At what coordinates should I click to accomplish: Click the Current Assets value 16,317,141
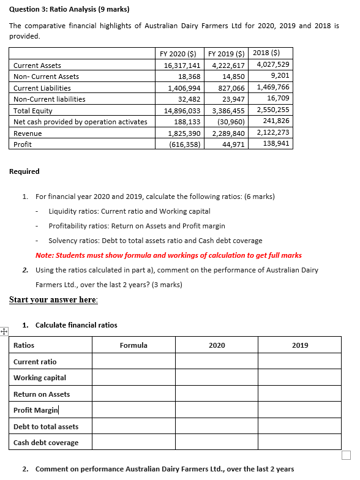pyautogui.click(x=182, y=65)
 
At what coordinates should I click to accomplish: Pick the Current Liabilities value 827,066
pyautogui.click(x=228, y=88)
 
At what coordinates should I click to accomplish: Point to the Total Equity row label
pyautogui.click(x=33, y=110)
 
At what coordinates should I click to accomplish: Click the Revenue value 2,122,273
pyautogui.click(x=274, y=133)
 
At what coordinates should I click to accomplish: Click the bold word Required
pyautogui.click(x=24, y=171)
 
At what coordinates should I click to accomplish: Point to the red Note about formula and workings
pyautogui.click(x=168, y=255)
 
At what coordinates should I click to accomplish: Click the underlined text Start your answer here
pyautogui.click(x=53, y=299)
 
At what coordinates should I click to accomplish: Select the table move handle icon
pyautogui.click(x=4, y=332)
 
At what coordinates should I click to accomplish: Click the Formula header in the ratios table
pyautogui.click(x=133, y=345)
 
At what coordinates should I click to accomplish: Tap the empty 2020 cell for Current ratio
pyautogui.click(x=216, y=362)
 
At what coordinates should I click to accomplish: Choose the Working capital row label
pyautogui.click(x=40, y=378)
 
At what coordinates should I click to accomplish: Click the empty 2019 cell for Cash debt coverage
pyautogui.click(x=299, y=443)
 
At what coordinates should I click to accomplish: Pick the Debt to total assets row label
pyautogui.click(x=46, y=427)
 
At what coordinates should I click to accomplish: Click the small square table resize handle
pyautogui.click(x=347, y=454)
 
